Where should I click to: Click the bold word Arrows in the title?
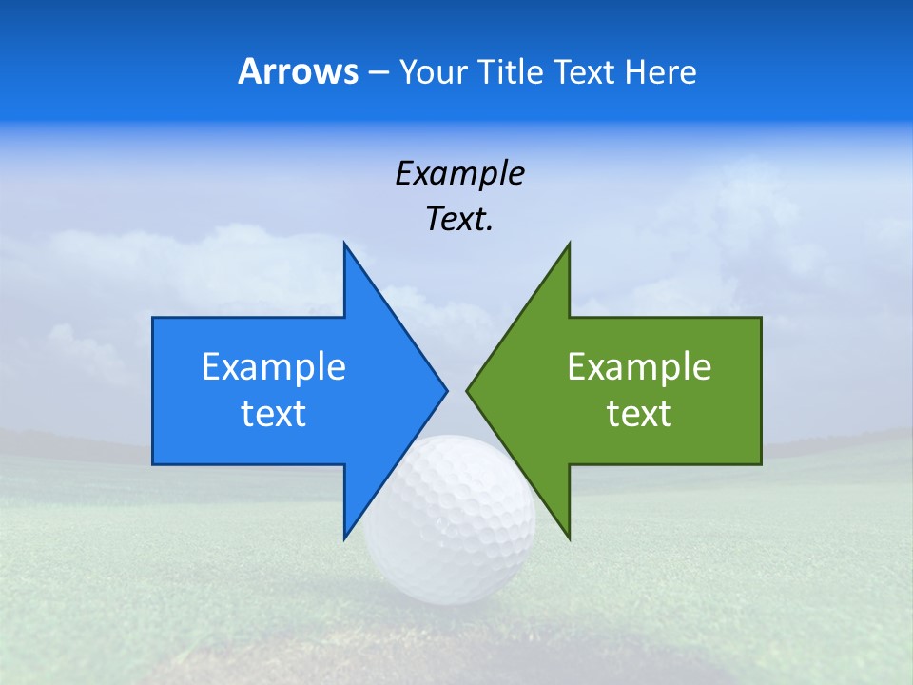pyautogui.click(x=298, y=71)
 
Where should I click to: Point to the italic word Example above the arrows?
pyautogui.click(x=459, y=173)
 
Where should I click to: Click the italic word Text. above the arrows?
pyautogui.click(x=459, y=220)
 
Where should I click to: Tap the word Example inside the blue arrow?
pyautogui.click(x=274, y=366)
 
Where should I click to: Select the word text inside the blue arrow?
pyautogui.click(x=274, y=413)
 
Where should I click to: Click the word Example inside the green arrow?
pyautogui.click(x=639, y=366)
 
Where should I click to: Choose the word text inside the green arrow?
pyautogui.click(x=639, y=413)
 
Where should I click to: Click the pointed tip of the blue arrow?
pyautogui.click(x=446, y=390)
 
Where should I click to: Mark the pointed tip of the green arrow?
pyautogui.click(x=467, y=390)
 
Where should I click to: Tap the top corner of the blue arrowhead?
pyautogui.click(x=344, y=244)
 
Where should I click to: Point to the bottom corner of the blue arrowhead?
pyautogui.click(x=344, y=538)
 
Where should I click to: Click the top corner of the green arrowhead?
pyautogui.click(x=569, y=244)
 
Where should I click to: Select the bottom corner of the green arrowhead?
pyautogui.click(x=569, y=538)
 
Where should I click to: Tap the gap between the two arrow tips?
pyautogui.click(x=456, y=390)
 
